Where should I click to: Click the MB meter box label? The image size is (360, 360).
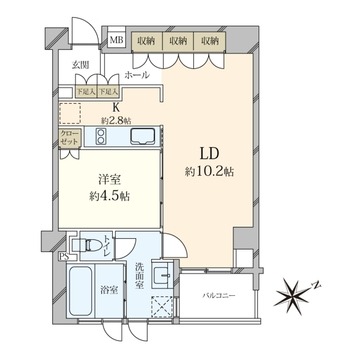tap(116, 40)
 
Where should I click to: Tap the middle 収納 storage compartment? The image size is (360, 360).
tap(178, 41)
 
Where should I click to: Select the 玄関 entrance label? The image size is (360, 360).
tap(80, 65)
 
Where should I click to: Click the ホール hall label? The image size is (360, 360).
tap(137, 75)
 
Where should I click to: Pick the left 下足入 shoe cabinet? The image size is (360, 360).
tap(86, 92)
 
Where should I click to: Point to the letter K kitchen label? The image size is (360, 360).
tap(116, 107)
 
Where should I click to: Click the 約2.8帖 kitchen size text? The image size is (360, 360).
tap(116, 120)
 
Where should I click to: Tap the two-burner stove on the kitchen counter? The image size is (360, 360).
tap(101, 136)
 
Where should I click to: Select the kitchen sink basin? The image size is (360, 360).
tap(143, 136)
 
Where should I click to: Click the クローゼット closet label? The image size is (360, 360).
tap(70, 137)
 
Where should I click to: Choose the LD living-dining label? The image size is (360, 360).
tap(209, 154)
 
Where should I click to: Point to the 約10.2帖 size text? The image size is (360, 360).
tap(209, 172)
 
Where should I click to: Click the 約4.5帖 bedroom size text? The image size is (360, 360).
tap(110, 196)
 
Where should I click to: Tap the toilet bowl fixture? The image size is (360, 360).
tap(90, 245)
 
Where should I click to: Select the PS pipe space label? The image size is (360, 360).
tap(64, 256)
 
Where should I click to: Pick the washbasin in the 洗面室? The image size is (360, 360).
tap(161, 275)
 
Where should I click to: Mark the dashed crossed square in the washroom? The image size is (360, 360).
tap(162, 307)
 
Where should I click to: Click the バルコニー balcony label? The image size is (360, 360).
tap(219, 295)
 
